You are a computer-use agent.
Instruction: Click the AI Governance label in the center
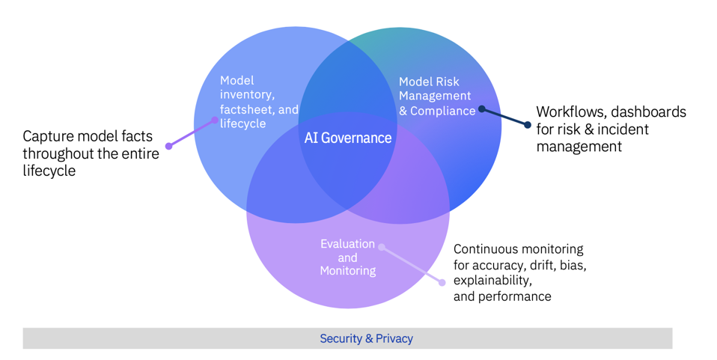coord(347,138)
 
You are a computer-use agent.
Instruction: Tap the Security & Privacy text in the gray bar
coord(366,338)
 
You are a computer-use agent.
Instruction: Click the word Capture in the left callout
coord(50,136)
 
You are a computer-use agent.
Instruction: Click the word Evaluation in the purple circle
coord(347,244)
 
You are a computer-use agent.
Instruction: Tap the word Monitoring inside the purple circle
coord(347,271)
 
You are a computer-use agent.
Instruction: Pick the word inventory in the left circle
coord(247,94)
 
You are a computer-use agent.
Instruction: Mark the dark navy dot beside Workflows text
coord(528,125)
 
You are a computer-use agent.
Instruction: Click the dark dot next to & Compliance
coord(481,109)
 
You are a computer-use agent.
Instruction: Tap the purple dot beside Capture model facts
coord(169,146)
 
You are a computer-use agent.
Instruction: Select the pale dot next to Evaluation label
coord(382,247)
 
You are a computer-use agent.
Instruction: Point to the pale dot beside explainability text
coord(442,282)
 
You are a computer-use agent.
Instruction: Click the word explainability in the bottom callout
coord(493,281)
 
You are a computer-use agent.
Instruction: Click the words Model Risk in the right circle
coord(429,82)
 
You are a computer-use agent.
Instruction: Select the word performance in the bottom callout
coord(515,296)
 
